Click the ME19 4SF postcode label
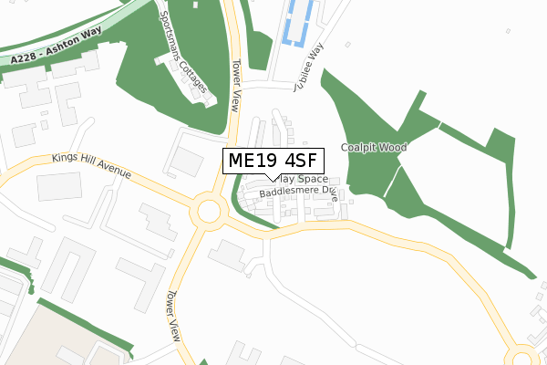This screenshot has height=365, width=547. tap(273, 162)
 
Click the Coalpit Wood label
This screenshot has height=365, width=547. tap(374, 147)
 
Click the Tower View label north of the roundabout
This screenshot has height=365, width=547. tap(238, 86)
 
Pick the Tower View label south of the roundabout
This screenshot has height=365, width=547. tap(171, 314)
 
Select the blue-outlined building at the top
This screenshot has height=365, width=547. tap(299, 23)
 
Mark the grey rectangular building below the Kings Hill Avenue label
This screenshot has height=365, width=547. tap(59, 187)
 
